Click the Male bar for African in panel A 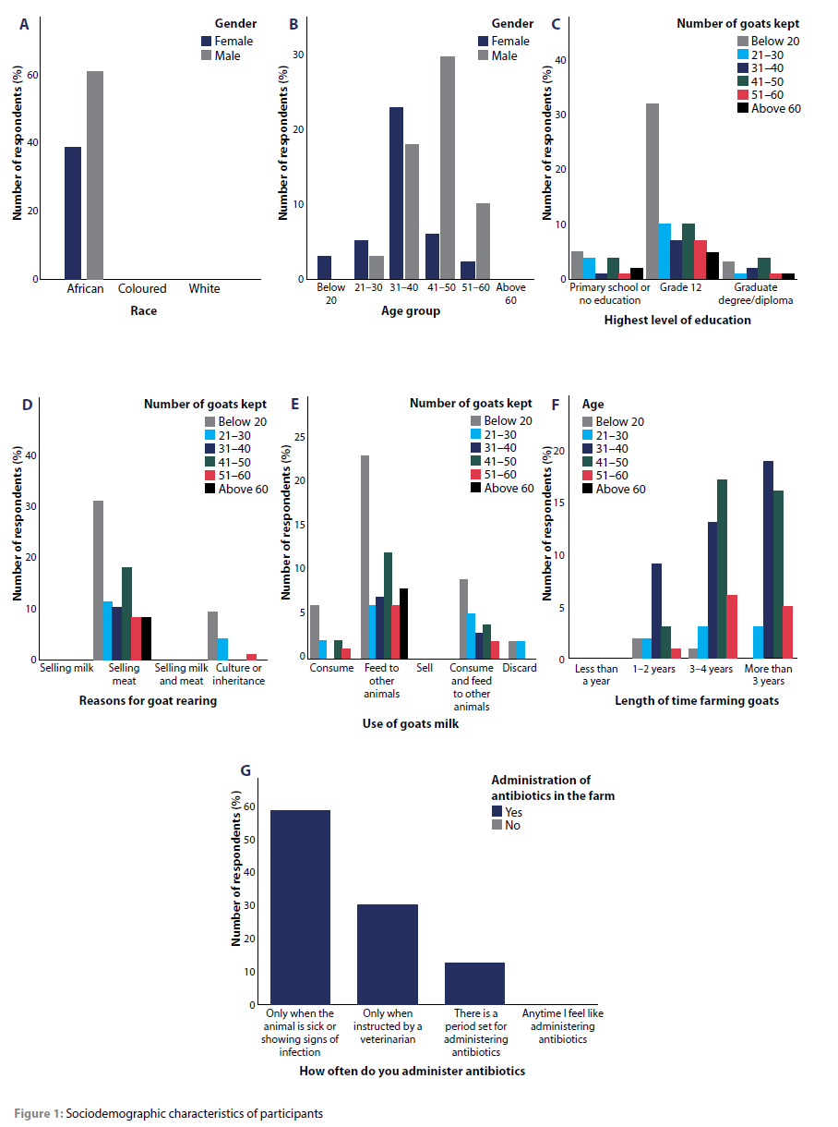[95, 176]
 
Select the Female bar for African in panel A [73, 213]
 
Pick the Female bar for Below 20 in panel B [324, 268]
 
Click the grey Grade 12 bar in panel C [652, 191]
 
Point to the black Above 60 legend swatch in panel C [742, 108]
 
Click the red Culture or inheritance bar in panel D [251, 657]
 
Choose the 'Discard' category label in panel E [521, 668]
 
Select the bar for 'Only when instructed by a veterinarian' [388, 954]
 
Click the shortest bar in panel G [474, 984]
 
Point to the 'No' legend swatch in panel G [497, 825]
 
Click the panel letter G [245, 770]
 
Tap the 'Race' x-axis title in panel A [143, 311]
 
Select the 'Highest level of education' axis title [677, 321]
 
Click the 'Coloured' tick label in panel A [142, 289]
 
